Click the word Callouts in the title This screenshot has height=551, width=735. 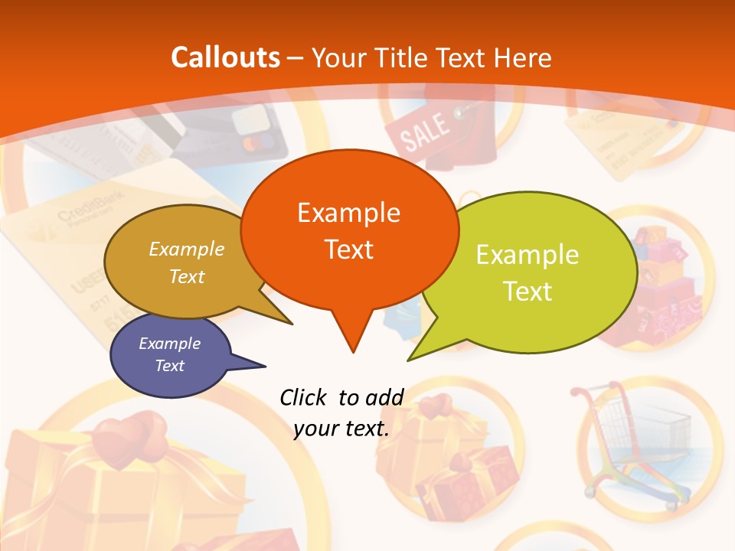click(x=225, y=57)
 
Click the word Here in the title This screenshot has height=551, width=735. click(x=521, y=57)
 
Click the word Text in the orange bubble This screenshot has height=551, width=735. click(x=348, y=249)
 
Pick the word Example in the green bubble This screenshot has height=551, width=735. click(x=528, y=254)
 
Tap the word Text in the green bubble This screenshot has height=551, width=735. click(x=528, y=291)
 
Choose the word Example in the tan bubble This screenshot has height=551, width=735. click(x=187, y=249)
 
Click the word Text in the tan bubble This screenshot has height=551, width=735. click(x=187, y=276)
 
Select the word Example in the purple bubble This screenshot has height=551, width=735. click(x=169, y=344)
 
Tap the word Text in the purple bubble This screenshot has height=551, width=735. click(x=169, y=366)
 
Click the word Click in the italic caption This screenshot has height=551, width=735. click(x=305, y=397)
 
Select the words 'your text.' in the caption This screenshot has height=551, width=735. click(x=341, y=429)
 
